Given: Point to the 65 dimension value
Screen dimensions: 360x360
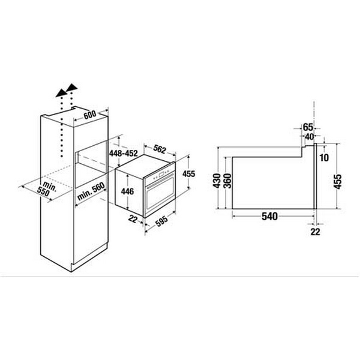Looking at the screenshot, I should (307, 127).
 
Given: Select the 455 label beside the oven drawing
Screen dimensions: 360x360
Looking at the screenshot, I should (188, 174).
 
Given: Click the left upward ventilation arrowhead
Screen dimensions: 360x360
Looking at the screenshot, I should (61, 92).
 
